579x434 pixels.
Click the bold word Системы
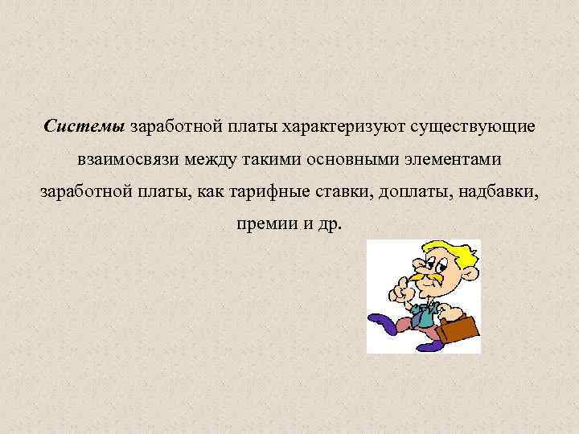pos(84,127)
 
